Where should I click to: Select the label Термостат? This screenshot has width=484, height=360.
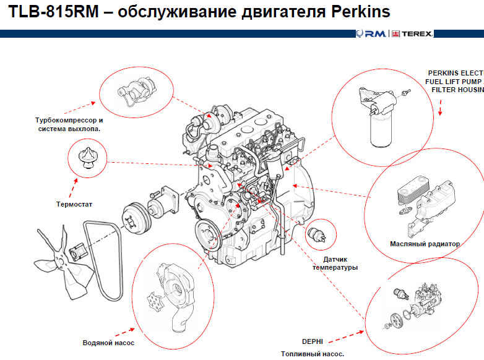[74, 203]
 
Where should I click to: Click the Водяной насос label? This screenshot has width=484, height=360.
[108, 342]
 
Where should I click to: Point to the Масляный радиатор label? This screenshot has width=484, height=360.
[425, 244]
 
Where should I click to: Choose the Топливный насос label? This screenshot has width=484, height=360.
[312, 354]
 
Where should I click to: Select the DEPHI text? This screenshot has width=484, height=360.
[313, 341]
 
